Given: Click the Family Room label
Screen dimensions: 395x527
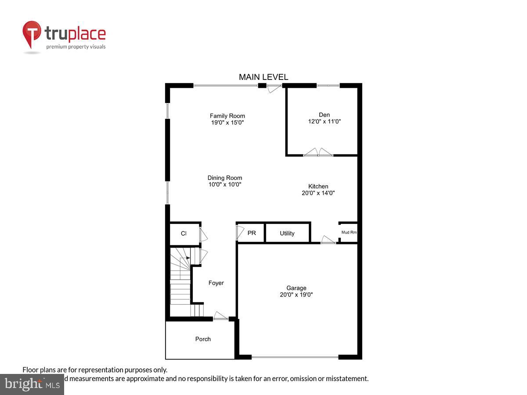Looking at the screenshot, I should click(227, 116).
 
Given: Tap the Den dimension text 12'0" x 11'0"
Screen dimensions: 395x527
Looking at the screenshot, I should click(325, 122).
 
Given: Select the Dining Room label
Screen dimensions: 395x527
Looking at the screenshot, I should click(225, 178).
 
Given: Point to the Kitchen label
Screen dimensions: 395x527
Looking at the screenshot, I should click(318, 186).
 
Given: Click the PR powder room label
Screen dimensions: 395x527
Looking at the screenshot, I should click(252, 233).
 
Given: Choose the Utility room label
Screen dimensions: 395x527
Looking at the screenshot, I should click(287, 233).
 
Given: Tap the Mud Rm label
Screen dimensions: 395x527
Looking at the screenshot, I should click(349, 233).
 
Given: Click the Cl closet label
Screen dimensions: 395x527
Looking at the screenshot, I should click(184, 233).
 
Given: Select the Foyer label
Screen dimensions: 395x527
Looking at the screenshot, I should click(216, 283).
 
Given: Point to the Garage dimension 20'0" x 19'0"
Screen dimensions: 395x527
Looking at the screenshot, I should click(296, 295).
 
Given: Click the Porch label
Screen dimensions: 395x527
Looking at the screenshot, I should click(203, 339).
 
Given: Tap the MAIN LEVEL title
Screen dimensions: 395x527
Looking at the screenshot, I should click(263, 77).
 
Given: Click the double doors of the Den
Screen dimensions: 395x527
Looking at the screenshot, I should click(318, 153).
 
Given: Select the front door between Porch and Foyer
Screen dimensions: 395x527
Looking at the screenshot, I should click(220, 316).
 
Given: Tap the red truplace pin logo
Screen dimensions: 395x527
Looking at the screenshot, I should click(32, 34).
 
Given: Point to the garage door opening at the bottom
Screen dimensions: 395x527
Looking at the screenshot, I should click(295, 357).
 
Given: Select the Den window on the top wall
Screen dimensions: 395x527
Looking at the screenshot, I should click(328, 85).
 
